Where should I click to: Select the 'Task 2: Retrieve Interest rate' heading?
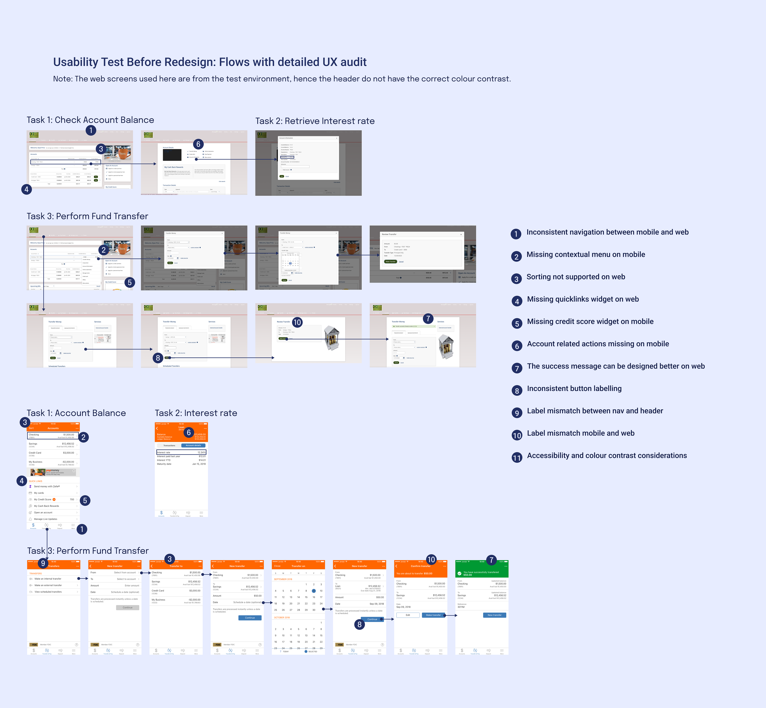(315, 121)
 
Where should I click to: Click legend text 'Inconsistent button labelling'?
(574, 388)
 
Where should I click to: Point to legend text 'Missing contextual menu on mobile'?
(586, 254)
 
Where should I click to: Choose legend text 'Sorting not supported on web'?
(576, 277)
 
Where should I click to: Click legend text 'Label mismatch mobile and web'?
(581, 433)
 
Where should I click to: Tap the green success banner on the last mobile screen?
(481, 573)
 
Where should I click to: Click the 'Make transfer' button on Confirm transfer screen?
(433, 615)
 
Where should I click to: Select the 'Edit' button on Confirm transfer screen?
(408, 615)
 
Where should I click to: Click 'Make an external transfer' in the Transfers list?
(48, 585)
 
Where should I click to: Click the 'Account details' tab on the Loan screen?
(193, 445)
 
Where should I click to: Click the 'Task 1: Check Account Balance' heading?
(90, 120)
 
